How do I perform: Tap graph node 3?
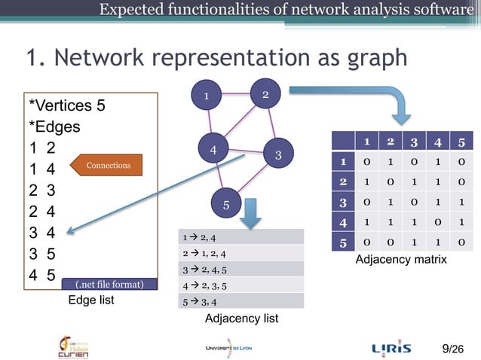(x=277, y=155)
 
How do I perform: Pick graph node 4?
(x=214, y=149)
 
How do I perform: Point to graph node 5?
(x=225, y=204)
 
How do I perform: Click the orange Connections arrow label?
(x=106, y=165)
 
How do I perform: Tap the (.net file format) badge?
(x=109, y=285)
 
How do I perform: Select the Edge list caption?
(x=91, y=300)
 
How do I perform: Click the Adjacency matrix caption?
(x=400, y=259)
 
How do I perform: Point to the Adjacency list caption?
(x=241, y=319)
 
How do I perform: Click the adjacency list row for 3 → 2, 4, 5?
(x=240, y=269)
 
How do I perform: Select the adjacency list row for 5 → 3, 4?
(x=240, y=301)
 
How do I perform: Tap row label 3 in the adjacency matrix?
(x=343, y=203)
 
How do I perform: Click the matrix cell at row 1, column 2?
(x=390, y=162)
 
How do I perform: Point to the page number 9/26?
(x=454, y=348)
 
